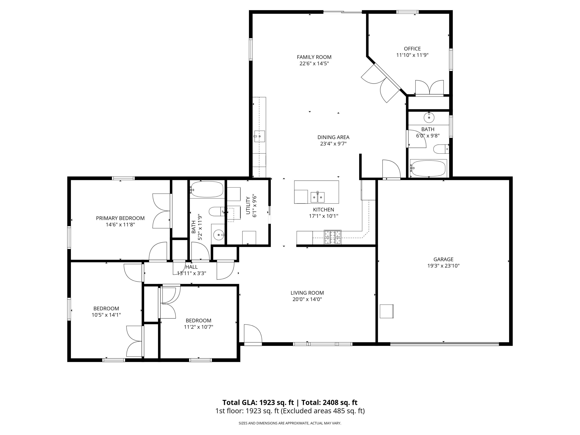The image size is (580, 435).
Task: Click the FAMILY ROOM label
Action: [314, 57]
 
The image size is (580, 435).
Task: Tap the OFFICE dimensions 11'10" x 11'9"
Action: [412, 55]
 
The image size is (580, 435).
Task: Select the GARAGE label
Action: [443, 259]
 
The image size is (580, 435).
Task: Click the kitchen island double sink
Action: [317, 197]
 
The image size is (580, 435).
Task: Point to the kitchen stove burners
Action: [333, 237]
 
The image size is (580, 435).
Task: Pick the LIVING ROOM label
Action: [307, 293]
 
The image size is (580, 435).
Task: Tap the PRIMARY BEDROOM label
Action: [120, 218]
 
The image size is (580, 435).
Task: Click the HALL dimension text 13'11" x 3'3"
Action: [191, 273]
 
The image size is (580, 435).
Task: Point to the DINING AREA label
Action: [333, 137]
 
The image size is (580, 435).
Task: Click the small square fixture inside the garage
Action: [386, 311]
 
